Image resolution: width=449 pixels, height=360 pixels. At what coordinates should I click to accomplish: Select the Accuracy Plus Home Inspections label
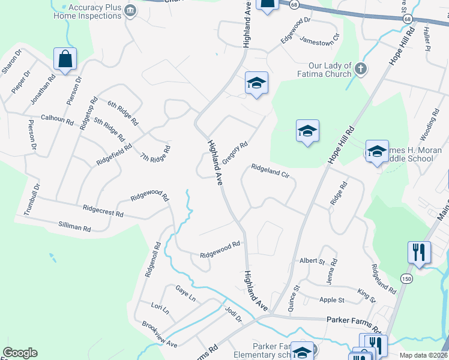[x=88, y=11]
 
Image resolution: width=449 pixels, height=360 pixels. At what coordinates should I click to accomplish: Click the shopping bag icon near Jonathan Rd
[x=65, y=60]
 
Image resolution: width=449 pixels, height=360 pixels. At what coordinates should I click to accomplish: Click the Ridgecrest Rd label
[x=103, y=211]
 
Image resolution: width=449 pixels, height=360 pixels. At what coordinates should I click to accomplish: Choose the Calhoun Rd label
[x=57, y=121]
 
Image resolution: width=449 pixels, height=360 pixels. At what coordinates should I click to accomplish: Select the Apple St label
[x=332, y=300]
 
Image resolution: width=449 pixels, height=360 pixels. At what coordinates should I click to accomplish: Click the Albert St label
[x=312, y=261]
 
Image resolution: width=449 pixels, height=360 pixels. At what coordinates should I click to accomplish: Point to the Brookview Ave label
[x=160, y=335]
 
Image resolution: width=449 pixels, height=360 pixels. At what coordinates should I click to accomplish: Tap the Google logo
[x=20, y=353]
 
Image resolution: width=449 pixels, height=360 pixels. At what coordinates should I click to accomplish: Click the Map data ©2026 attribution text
[x=424, y=355]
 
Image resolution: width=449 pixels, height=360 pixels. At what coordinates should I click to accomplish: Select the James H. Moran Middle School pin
[x=377, y=152]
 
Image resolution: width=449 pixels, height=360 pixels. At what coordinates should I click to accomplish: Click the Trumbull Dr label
[x=31, y=199]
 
